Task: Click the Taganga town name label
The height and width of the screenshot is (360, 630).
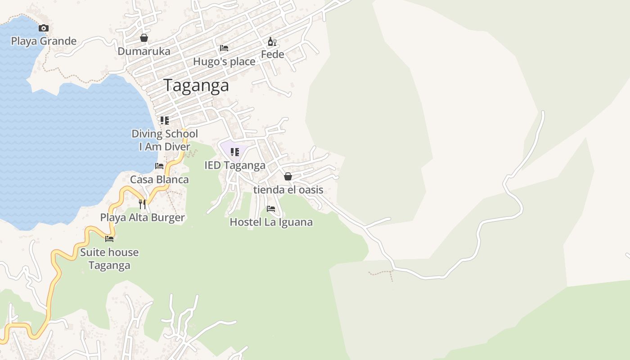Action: tap(196, 85)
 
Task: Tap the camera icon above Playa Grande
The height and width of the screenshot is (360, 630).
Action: tap(44, 28)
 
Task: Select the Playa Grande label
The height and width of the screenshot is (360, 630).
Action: tap(44, 41)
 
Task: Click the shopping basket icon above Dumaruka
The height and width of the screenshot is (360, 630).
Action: tap(144, 38)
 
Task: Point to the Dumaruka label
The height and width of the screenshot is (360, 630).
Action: tap(144, 51)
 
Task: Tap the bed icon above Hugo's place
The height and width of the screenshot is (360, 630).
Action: tap(224, 48)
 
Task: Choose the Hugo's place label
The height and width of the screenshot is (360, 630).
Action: tap(224, 62)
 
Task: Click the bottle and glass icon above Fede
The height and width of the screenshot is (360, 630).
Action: tap(272, 42)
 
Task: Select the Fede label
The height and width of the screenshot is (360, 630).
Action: tap(273, 54)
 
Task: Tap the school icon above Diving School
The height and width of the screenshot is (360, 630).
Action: tap(165, 121)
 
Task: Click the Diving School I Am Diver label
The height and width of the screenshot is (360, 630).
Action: tap(165, 140)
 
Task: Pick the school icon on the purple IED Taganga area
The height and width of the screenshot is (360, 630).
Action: tap(234, 152)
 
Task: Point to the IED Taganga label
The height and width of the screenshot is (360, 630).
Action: tap(235, 165)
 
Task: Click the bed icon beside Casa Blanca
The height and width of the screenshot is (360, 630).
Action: tap(159, 166)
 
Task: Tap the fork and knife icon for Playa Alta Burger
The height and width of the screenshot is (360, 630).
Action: tap(142, 204)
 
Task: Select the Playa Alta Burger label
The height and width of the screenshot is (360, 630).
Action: tap(142, 218)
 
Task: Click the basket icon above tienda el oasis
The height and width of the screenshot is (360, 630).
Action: tap(288, 176)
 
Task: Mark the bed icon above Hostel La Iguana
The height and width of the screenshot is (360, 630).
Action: tap(271, 209)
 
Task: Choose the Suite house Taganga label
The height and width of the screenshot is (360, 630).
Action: tap(109, 259)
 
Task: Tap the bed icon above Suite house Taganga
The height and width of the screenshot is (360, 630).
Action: tap(109, 238)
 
